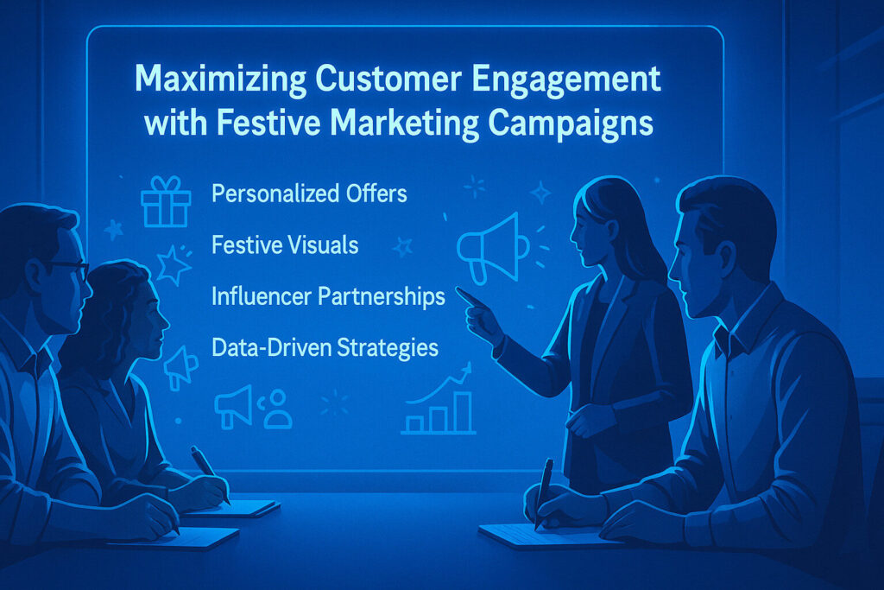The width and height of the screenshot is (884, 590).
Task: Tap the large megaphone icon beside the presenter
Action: coord(491,248)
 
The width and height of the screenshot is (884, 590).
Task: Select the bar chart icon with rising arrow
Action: coord(439,401)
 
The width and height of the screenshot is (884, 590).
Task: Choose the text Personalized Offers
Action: coord(309,193)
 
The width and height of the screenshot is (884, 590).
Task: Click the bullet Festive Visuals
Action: coord(285,244)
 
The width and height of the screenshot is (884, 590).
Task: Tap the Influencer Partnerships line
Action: coord(328,296)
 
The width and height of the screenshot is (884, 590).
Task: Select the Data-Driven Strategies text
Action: coord(325,347)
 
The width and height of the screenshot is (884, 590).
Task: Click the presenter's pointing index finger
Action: coord(467,296)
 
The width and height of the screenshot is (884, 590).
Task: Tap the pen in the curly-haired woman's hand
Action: coord(209,472)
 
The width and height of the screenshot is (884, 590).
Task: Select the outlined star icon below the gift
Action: coord(173,264)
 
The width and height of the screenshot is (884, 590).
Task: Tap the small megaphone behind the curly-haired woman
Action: coord(180,367)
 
